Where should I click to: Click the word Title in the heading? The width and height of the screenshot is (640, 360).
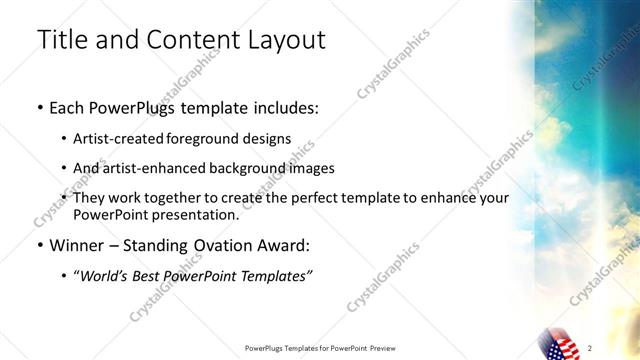59,40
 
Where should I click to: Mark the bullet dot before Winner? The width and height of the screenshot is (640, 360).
38,246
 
